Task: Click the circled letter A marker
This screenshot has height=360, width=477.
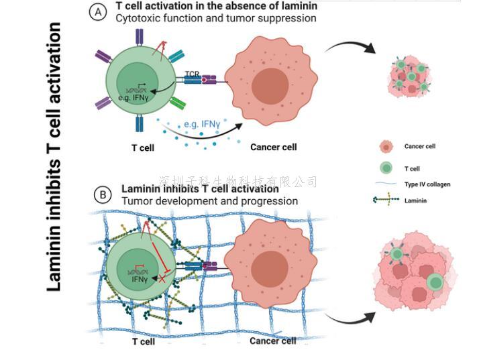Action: [99, 13]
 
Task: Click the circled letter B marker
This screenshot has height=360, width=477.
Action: [103, 194]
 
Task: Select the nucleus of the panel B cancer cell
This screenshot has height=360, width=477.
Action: [270, 263]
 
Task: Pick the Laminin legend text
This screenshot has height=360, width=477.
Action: [416, 200]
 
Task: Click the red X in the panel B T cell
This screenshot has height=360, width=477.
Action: [160, 277]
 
